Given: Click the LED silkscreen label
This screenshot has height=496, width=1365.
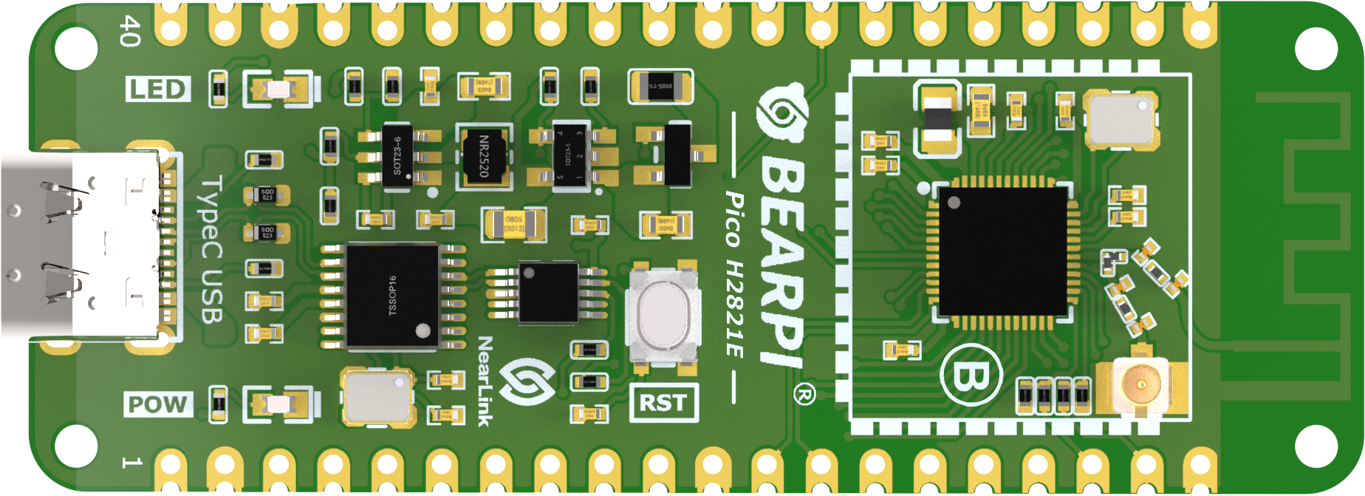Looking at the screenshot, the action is coord(158,89).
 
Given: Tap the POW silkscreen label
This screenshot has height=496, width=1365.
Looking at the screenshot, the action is coord(158,404).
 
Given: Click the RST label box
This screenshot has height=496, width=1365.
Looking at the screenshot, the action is coord(663,403).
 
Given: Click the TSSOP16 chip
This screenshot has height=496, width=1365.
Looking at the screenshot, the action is coord(392,295).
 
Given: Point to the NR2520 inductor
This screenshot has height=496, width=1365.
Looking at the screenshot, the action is coord(484,156).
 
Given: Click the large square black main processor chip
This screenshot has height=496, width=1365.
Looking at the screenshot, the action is coord(1002,251).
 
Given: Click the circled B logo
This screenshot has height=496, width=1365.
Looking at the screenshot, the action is coord(971,376).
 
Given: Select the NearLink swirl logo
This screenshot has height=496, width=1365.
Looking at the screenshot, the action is coord(527,381).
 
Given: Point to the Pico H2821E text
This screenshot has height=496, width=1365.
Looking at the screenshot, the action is coord(734,274).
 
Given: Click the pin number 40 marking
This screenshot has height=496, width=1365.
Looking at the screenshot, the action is coord(130,30).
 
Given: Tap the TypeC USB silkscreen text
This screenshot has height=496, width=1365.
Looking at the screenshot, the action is coord(212,249).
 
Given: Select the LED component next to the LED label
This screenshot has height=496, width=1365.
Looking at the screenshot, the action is coord(278,89).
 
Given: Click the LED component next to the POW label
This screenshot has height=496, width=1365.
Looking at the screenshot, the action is coord(278,404).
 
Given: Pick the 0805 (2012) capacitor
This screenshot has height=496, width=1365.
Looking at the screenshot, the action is coord(514,224).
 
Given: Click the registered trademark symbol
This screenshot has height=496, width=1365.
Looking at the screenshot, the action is coord(804,394).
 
